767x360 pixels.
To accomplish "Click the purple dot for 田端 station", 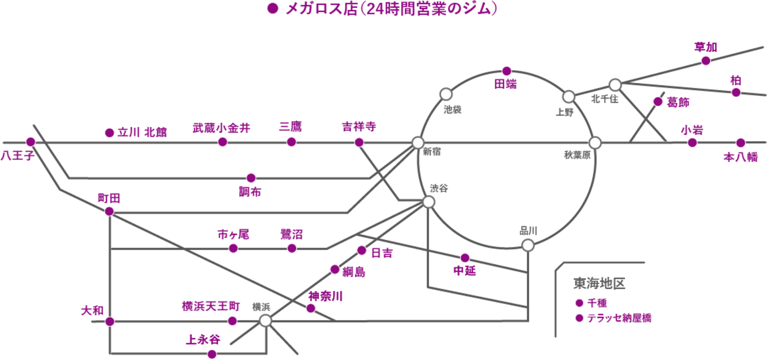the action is tap(507, 71).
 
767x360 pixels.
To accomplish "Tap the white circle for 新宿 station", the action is tap(418, 142).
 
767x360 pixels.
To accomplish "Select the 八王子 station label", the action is tap(17, 155).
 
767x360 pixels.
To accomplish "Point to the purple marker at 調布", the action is tap(251, 178).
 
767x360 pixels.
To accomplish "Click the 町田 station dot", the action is tap(109, 211).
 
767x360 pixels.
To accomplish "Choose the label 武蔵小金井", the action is tap(221, 128).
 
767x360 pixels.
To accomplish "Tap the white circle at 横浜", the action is tap(265, 321).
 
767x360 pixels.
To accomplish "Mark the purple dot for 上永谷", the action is tap(212, 354).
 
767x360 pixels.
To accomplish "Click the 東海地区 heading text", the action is tap(599, 284).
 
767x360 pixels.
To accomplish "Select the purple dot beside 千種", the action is tap(579, 303).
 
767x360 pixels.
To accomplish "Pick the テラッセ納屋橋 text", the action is tap(619, 318).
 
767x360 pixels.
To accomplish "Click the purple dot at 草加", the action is tap(706, 61).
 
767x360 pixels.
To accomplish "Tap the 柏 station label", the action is tap(736, 80).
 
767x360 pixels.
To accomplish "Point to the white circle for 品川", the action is tap(528, 245).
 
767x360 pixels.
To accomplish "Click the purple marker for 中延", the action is tap(465, 258).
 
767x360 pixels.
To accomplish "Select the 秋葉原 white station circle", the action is tap(595, 143).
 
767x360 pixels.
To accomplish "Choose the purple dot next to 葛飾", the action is tap(658, 102).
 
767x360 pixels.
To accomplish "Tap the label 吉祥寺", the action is tap(359, 126).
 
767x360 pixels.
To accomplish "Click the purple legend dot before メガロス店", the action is tap(273, 9).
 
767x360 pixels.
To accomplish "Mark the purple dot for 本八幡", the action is tap(741, 143).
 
